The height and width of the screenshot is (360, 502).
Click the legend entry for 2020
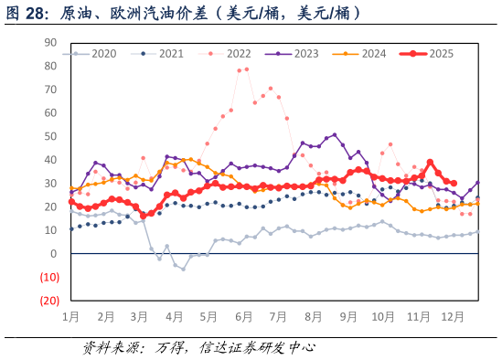click(x=90, y=54)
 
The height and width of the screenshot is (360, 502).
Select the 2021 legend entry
click(x=157, y=54)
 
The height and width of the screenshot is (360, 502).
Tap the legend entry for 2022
click(x=225, y=54)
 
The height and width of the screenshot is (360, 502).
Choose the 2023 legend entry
click(x=292, y=54)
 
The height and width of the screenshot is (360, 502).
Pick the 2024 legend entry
click(x=359, y=54)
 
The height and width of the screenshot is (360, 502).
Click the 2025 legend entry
click(x=426, y=54)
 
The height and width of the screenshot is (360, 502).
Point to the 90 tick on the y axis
click(x=50, y=43)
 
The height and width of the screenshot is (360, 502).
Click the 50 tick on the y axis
click(x=50, y=136)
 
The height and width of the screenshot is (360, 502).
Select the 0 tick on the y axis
click(x=53, y=254)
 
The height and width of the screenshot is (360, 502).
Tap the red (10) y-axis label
click(x=49, y=277)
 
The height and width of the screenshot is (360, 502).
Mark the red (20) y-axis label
click(x=49, y=301)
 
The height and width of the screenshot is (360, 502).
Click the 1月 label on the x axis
click(x=70, y=317)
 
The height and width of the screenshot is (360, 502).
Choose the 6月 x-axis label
click(x=243, y=317)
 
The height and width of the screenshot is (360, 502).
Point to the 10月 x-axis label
click(x=383, y=317)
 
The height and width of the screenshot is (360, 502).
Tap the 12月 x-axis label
click(x=453, y=317)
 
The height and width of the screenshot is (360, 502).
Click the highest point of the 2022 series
click(x=247, y=69)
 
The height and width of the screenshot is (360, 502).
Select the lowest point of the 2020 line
click(x=183, y=270)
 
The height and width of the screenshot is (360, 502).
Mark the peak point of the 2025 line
click(x=430, y=163)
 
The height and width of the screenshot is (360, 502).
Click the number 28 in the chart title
click(x=35, y=14)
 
